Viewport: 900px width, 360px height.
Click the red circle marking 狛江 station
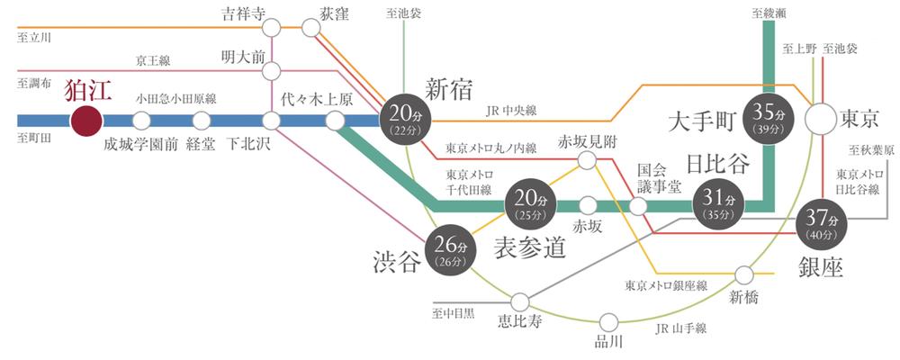(87, 120)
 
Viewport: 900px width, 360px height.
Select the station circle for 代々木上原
(335, 120)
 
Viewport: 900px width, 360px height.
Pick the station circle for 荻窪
(311, 28)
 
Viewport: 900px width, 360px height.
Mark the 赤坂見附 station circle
(587, 160)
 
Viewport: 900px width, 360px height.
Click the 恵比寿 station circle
(520, 301)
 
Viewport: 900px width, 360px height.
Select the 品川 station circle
(608, 320)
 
